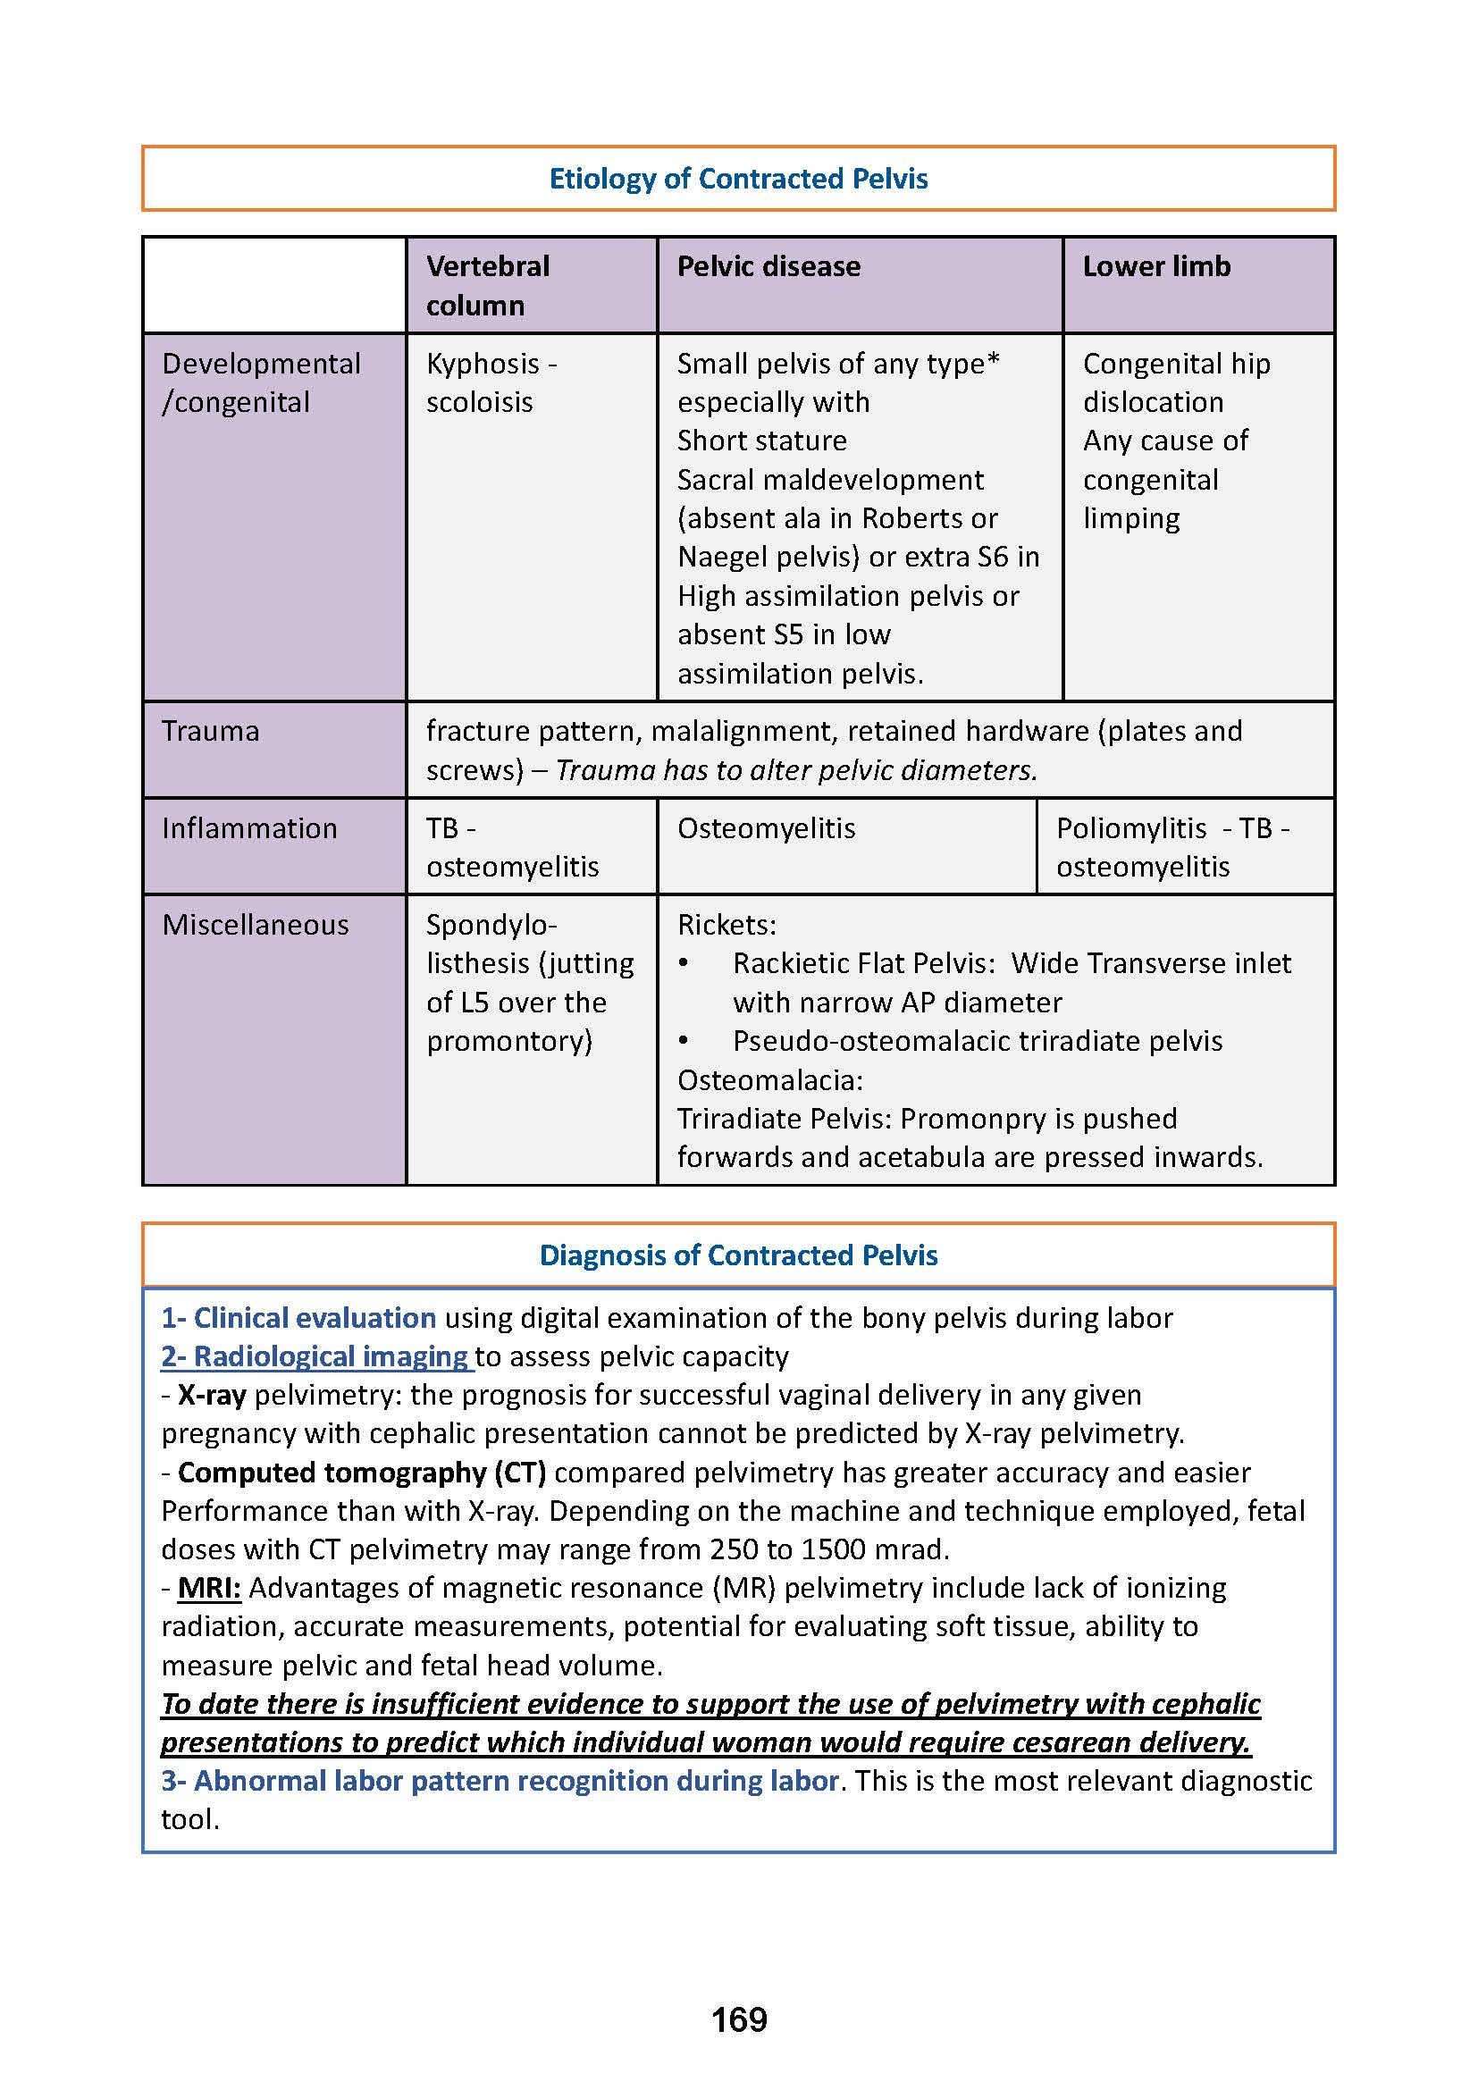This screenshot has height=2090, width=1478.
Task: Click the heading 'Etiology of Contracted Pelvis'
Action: (x=738, y=179)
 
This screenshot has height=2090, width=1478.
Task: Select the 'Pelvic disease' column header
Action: (x=768, y=265)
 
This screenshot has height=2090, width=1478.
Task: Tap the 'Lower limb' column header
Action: (x=1155, y=265)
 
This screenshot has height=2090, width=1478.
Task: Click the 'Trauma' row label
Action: (x=210, y=731)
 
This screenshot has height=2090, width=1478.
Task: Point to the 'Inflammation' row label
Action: (x=249, y=828)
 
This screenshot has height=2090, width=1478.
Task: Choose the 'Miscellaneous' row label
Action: (x=256, y=925)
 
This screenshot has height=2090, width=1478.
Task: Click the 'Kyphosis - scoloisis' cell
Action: (x=491, y=382)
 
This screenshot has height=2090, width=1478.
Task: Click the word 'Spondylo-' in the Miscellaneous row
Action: (x=491, y=925)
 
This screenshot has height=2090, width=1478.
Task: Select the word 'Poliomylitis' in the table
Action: (x=1131, y=828)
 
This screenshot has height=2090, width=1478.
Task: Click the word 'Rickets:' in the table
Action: (x=726, y=925)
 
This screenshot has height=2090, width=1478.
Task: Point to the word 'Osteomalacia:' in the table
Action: (x=770, y=1080)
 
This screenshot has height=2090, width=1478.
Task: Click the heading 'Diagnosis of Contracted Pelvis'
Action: (x=738, y=1255)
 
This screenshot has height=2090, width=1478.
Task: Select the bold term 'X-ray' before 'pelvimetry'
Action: (x=212, y=1396)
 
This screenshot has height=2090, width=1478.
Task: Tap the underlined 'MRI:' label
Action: (x=209, y=1589)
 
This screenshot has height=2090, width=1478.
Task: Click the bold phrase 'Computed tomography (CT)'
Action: (x=361, y=1473)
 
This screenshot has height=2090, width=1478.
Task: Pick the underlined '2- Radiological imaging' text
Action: (x=315, y=1356)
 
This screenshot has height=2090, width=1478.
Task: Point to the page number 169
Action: (x=739, y=2020)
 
